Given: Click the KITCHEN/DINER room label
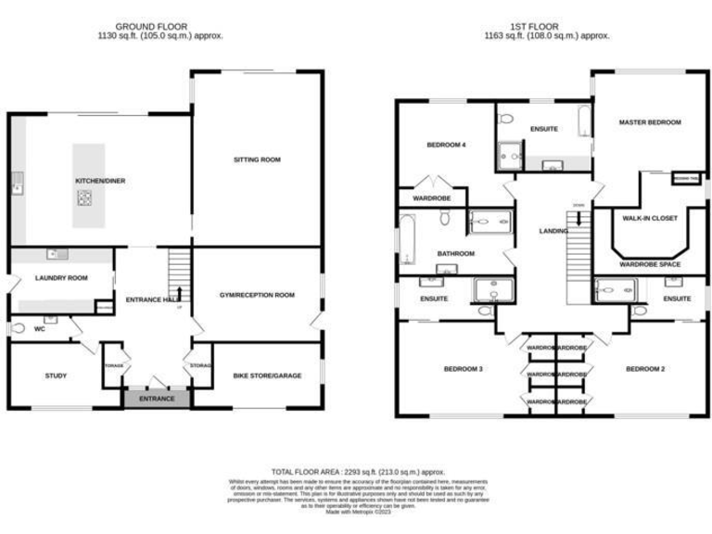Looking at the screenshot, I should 94,182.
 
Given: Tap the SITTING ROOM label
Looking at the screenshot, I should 257,159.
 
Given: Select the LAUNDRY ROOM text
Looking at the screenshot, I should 61,277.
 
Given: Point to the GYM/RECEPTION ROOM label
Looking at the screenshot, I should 257,295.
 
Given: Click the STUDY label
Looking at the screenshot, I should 57,375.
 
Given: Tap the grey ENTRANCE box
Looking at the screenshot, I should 157,398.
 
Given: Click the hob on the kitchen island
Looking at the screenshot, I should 85,197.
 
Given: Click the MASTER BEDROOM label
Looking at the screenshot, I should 650,122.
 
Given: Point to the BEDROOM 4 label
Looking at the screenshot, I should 446,145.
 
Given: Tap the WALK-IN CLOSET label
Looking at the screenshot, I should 650,218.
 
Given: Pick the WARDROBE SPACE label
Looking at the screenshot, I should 650,264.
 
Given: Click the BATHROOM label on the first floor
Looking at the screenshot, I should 456,253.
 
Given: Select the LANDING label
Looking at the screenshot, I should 553,231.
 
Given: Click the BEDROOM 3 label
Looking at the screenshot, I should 463,369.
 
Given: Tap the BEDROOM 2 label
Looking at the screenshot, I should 646,369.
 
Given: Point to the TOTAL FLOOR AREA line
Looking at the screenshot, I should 356,472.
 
